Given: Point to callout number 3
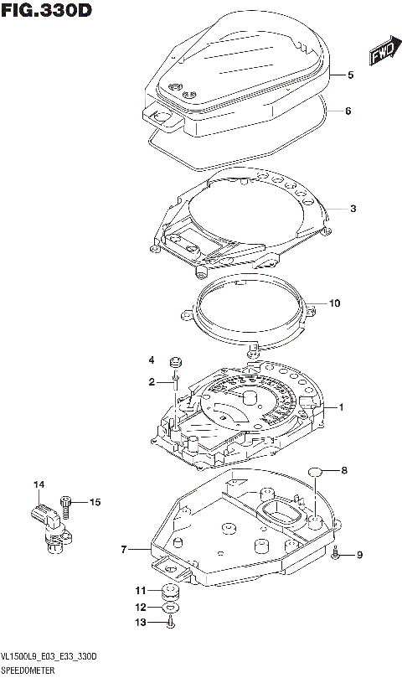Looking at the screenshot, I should click(x=353, y=209).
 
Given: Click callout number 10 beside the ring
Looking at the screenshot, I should click(x=335, y=303).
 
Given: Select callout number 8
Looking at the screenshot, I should click(x=343, y=470).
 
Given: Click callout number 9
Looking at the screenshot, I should click(x=359, y=554).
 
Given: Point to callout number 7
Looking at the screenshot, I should click(x=123, y=550).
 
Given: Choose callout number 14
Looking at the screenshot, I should click(x=38, y=485).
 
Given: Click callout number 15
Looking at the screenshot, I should click(x=95, y=502).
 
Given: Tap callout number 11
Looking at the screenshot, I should click(x=141, y=591).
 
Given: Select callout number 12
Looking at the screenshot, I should click(x=141, y=607).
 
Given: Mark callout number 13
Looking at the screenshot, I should click(x=141, y=622).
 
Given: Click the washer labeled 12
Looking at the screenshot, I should click(x=170, y=607).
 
